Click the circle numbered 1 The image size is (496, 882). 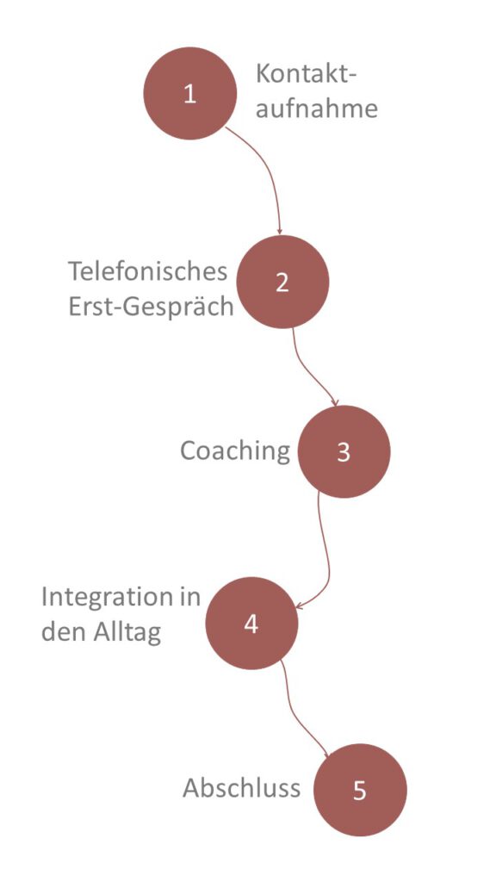(x=190, y=93)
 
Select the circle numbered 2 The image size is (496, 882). (x=282, y=282)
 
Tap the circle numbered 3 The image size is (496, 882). (x=344, y=451)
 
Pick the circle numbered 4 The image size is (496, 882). (x=251, y=624)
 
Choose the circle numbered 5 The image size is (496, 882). (x=360, y=790)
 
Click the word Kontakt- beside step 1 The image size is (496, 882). (x=307, y=74)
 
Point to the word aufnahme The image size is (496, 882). (x=317, y=108)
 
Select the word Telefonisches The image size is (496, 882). (x=148, y=271)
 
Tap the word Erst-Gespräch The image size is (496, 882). (x=151, y=307)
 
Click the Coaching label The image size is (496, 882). (x=235, y=450)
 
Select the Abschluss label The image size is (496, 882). (x=241, y=788)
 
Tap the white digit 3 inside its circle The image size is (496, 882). (x=344, y=452)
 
